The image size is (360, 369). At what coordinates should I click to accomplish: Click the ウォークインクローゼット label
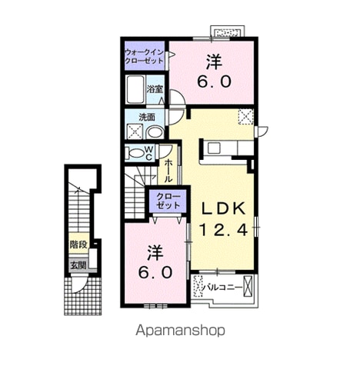pyautogui.click(x=145, y=57)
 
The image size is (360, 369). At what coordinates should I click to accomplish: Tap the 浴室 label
pyautogui.click(x=155, y=89)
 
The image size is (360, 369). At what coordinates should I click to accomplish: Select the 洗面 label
pyautogui.click(x=147, y=117)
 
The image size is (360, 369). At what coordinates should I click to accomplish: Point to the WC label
pyautogui.click(x=149, y=153)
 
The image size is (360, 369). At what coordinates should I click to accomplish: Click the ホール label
pyautogui.click(x=168, y=171)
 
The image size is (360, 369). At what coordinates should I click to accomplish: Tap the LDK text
pyautogui.click(x=223, y=209)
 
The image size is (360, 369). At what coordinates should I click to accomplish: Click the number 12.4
pyautogui.click(x=223, y=230)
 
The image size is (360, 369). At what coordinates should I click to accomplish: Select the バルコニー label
pyautogui.click(x=222, y=288)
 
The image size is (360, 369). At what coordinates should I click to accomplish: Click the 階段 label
pyautogui.click(x=78, y=244)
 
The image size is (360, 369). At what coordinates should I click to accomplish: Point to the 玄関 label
pyautogui.click(x=78, y=265)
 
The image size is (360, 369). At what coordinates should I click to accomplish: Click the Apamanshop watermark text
pyautogui.click(x=180, y=331)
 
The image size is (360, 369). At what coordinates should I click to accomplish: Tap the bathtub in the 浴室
pyautogui.click(x=135, y=89)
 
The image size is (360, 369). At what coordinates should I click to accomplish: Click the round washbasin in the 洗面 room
pyautogui.click(x=155, y=133)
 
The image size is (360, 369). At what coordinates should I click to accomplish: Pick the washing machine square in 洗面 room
pyautogui.click(x=135, y=131)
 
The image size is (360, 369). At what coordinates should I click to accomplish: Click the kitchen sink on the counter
pyautogui.click(x=214, y=148)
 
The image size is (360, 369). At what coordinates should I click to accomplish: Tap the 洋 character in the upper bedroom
pyautogui.click(x=215, y=62)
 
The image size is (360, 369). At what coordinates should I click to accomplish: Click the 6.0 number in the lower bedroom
pyautogui.click(x=155, y=272)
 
